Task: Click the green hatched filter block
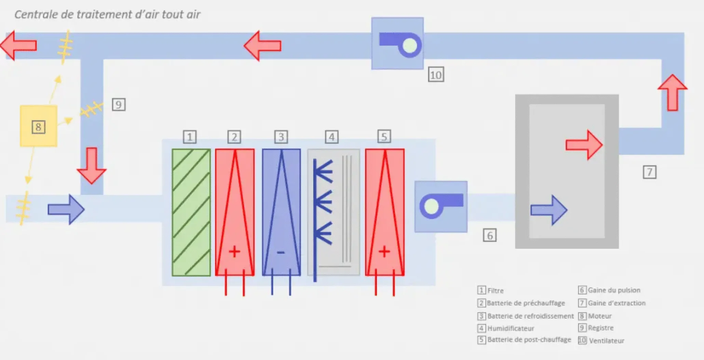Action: point(191,212)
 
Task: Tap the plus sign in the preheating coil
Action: point(234,252)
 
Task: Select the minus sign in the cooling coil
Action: point(281,252)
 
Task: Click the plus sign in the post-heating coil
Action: point(384,252)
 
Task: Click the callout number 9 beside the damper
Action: point(119,105)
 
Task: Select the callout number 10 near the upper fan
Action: point(436,75)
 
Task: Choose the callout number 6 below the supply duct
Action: point(489,235)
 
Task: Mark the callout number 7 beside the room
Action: point(649,172)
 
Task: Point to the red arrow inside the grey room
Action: point(584,145)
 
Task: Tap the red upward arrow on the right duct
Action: point(672,93)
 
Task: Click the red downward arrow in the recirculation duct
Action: point(92,166)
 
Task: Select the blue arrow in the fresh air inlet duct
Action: point(66,209)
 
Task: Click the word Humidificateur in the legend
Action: point(511,329)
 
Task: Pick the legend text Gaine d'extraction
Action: point(617,303)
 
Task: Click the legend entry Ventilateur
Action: point(607,341)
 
